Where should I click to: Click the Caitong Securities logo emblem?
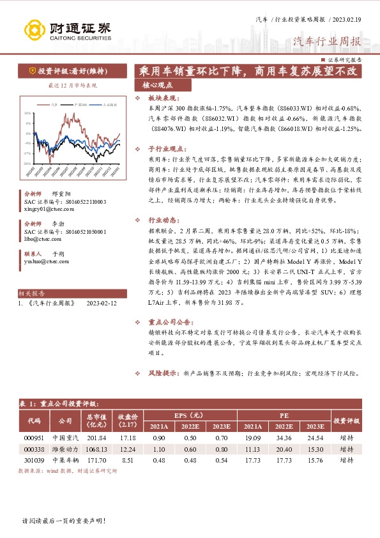34,30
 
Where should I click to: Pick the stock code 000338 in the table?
34,450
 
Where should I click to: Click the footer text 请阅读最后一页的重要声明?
63,521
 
